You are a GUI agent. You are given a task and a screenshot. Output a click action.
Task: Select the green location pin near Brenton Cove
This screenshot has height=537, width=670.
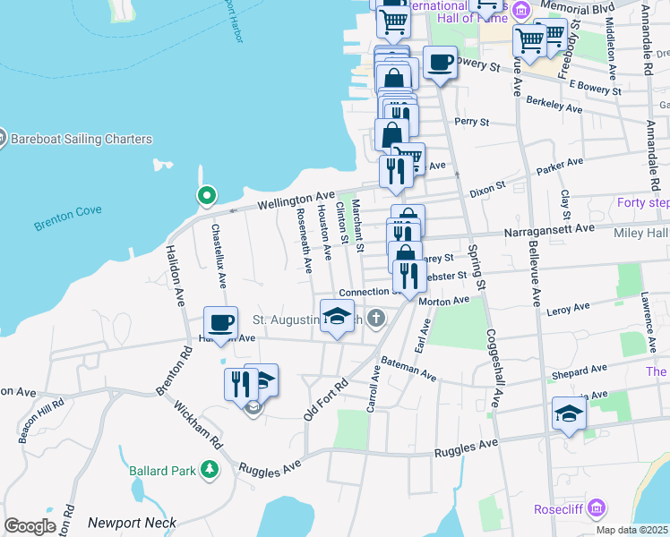(x=206, y=195)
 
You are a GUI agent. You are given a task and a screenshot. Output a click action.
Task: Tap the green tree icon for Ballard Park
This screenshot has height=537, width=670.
(x=209, y=468)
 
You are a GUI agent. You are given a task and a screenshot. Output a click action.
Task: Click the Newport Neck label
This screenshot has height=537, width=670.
(x=132, y=523)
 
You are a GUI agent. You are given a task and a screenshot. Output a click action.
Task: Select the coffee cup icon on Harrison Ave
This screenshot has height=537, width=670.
(x=219, y=323)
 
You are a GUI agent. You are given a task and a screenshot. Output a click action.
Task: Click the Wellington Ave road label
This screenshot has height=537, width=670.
(x=295, y=200)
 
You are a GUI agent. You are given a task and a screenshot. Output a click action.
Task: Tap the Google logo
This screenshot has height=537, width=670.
(x=30, y=525)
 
